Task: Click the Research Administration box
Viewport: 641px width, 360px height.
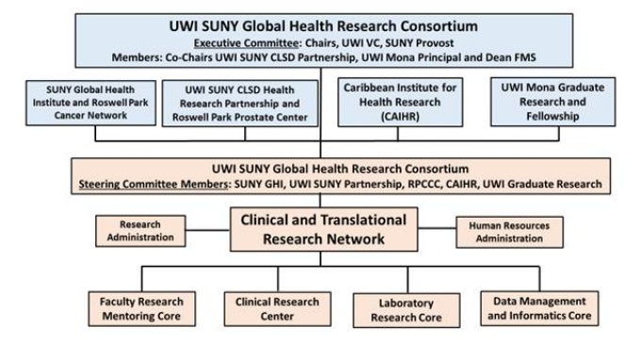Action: click(139, 232)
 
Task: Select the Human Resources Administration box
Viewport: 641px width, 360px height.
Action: click(502, 232)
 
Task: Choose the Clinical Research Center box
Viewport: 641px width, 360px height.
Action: click(259, 308)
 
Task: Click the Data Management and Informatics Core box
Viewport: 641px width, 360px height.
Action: click(541, 308)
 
